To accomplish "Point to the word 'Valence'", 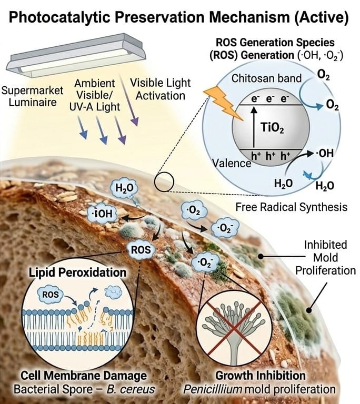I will click(x=232, y=163).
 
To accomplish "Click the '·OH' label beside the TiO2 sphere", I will click(x=324, y=155).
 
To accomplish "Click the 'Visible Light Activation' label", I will click(x=160, y=89).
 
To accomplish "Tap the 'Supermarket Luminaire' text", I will click(x=32, y=96).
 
